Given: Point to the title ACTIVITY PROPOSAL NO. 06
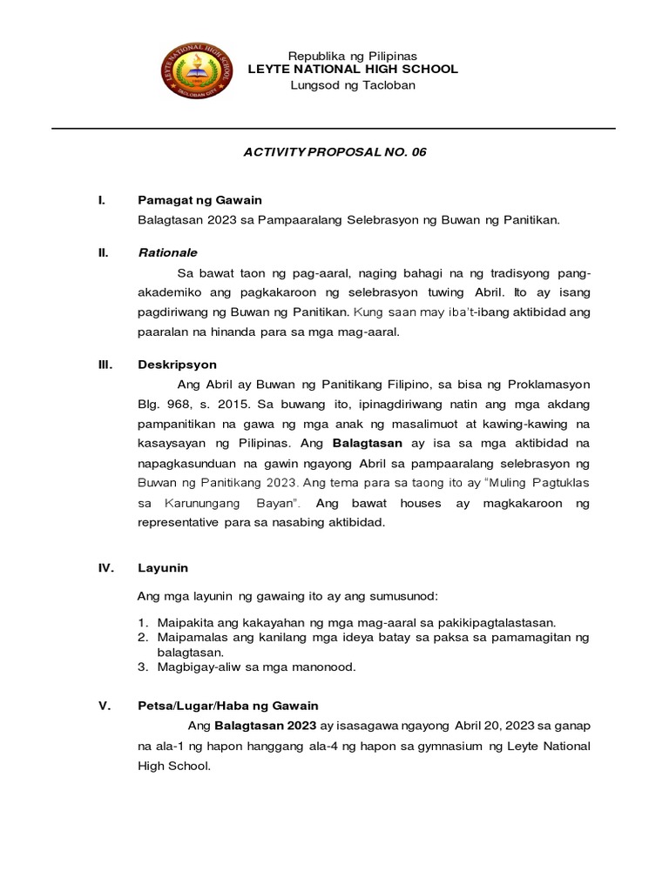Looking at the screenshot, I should pyautogui.click(x=334, y=152).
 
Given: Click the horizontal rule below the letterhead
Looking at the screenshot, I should pyautogui.click(x=334, y=129).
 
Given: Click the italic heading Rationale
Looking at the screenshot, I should pyautogui.click(x=168, y=252).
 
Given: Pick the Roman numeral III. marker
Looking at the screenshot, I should pyautogui.click(x=105, y=365).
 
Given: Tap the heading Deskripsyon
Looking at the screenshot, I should pyautogui.click(x=177, y=365).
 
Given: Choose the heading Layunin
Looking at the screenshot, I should pyautogui.click(x=163, y=568).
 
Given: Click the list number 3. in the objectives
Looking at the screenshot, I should pyautogui.click(x=145, y=667).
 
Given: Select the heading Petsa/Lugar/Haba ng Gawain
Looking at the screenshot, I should pyautogui.click(x=228, y=706).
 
